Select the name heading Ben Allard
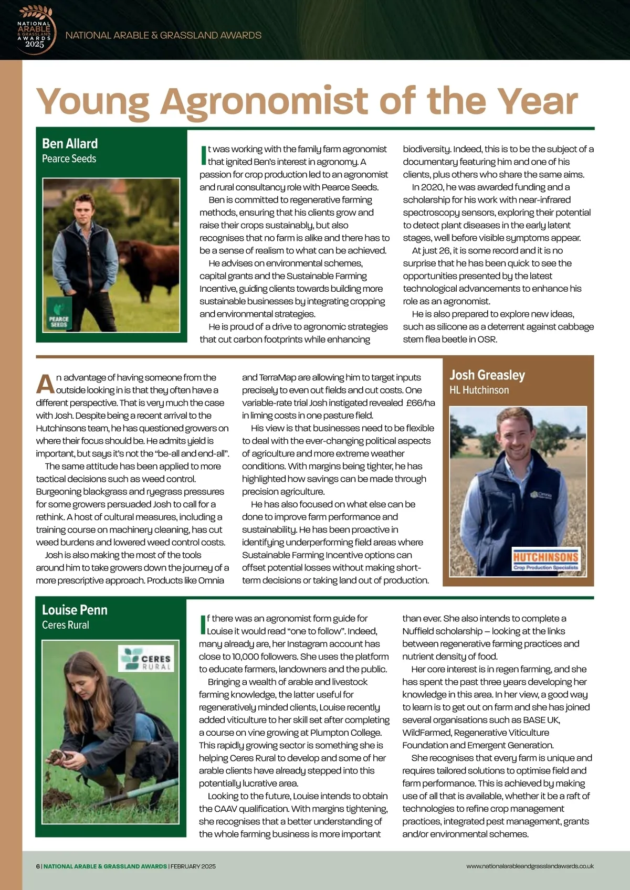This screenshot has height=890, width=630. pos(70,144)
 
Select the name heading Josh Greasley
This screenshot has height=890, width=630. pos(487,375)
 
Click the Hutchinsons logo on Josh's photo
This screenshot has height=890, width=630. pos(545,560)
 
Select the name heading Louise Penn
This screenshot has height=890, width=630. pos(75,610)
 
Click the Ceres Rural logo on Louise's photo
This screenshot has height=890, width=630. pos(146,659)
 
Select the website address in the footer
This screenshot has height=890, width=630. pos(530,866)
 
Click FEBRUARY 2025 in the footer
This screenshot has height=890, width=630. pos(193,866)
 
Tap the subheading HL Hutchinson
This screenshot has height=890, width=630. pos(479,390)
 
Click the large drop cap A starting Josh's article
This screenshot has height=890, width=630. pos(46,384)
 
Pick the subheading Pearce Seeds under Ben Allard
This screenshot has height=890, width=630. pos(69,158)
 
